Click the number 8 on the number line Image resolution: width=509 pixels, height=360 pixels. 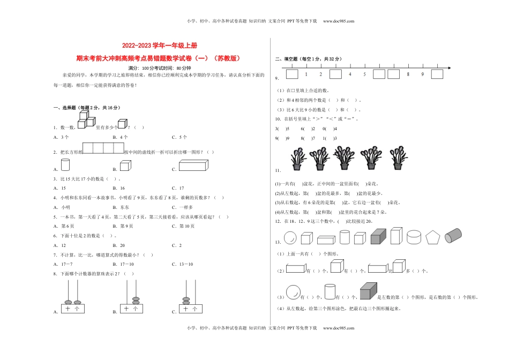(x=408, y=74)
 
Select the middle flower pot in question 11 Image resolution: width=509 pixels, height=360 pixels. (x=343, y=157)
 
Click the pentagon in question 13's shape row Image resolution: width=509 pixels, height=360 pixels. (x=431, y=237)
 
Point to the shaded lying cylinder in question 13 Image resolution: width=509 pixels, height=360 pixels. (x=453, y=235)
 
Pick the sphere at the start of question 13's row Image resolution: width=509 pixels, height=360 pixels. (x=289, y=237)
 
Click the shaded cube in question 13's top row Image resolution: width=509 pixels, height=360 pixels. (x=378, y=236)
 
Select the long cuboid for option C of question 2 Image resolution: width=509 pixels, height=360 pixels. (x=192, y=166)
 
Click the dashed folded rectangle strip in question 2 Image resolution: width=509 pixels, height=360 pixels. (x=103, y=148)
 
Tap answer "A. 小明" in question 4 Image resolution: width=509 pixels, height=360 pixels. (x=62, y=207)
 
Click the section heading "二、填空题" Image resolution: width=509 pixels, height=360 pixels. (x=286, y=59)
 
